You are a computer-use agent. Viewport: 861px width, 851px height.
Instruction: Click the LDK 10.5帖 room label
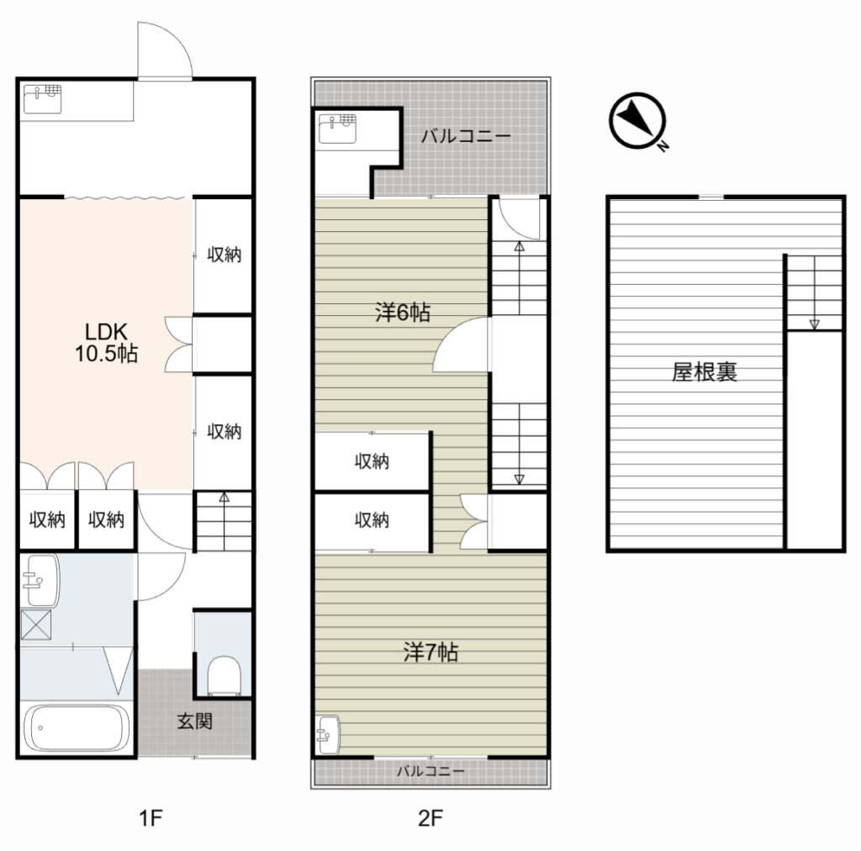point(106,343)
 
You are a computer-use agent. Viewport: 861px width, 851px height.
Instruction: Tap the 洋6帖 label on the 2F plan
point(403,313)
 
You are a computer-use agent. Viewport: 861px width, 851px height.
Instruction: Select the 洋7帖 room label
point(430,652)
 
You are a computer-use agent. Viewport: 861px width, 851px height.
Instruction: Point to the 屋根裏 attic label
point(705,372)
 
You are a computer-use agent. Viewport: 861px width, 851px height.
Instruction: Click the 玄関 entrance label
point(194,721)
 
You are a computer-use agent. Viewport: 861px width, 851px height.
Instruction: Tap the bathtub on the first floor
point(77,728)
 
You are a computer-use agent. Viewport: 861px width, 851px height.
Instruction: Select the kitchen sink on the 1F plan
point(43,99)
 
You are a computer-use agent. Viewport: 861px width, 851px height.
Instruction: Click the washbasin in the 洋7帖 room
point(329,735)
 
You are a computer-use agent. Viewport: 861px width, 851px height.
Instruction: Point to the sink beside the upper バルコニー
point(337,129)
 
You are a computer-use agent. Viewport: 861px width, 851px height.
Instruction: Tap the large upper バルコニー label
point(466,135)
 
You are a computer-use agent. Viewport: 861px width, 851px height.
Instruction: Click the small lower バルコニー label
point(430,771)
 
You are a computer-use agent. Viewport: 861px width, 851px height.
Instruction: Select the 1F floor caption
point(151,818)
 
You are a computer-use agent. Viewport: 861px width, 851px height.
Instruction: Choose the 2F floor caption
point(430,818)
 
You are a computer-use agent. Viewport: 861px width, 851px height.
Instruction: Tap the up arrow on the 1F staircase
point(224,521)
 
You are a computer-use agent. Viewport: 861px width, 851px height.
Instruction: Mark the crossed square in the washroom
point(35,624)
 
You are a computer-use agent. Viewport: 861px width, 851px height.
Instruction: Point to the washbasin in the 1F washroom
point(40,580)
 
